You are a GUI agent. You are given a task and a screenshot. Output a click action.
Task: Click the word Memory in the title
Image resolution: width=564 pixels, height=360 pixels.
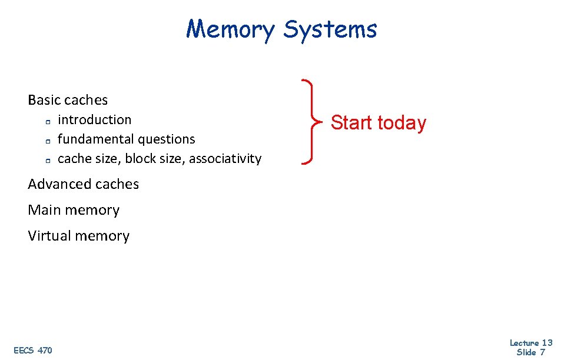tap(230, 29)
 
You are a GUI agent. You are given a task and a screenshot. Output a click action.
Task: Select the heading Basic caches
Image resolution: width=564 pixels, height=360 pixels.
tap(68, 100)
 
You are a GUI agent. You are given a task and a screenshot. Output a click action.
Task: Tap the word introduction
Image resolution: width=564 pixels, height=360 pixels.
tap(95, 120)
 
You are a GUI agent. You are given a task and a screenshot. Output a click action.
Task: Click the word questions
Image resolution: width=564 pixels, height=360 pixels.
tap(165, 139)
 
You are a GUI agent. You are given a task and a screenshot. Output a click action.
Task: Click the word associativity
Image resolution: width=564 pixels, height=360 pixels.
tap(225, 159)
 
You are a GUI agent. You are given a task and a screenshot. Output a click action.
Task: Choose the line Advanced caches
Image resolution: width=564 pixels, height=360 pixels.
tap(84, 184)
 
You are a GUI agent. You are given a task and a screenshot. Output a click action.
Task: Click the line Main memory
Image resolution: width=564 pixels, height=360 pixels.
tap(74, 210)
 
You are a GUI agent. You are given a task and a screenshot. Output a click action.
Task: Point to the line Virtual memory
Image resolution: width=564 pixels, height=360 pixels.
tap(78, 236)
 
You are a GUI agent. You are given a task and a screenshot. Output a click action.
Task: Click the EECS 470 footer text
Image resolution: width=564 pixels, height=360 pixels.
tap(32, 351)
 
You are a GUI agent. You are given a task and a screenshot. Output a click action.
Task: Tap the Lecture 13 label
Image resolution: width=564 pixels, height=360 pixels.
tap(530, 343)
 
